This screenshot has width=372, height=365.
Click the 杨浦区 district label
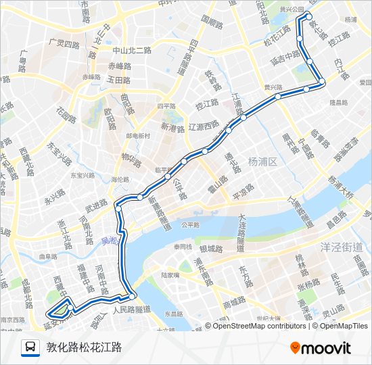click(x=264, y=161)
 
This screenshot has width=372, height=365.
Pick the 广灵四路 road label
click(x=64, y=42)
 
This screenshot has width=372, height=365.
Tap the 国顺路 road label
click(x=211, y=22)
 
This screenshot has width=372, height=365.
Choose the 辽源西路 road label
click(x=204, y=125)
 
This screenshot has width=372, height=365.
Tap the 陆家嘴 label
click(x=172, y=275)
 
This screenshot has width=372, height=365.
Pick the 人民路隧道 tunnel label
click(x=131, y=310)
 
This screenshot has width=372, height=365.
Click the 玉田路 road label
click(x=118, y=80)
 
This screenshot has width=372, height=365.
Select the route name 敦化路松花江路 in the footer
click(x=84, y=348)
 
